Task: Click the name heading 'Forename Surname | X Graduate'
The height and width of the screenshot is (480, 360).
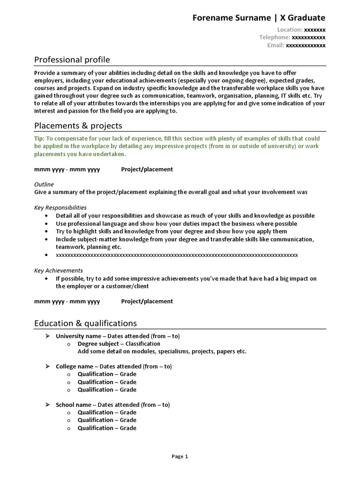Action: pos(259,18)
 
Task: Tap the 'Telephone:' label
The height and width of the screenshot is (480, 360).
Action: pos(275,37)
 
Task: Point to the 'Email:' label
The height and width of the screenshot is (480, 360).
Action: pos(276,45)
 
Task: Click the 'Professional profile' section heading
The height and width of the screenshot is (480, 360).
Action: pos(72,60)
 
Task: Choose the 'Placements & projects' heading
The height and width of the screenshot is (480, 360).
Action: pos(78,126)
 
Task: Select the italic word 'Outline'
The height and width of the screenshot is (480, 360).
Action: pos(44,184)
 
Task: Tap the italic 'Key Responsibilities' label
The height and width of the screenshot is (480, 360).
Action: pos(60,208)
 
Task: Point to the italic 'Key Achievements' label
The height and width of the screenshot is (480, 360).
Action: pos(59,270)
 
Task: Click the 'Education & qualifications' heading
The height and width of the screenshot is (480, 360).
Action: pos(85,323)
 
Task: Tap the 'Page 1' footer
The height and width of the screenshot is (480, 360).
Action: pos(180,456)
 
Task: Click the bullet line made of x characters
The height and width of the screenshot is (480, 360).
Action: pos(177,255)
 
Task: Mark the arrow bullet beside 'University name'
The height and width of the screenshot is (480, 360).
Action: pos(47,336)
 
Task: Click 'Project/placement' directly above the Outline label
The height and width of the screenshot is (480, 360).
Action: pos(147,169)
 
